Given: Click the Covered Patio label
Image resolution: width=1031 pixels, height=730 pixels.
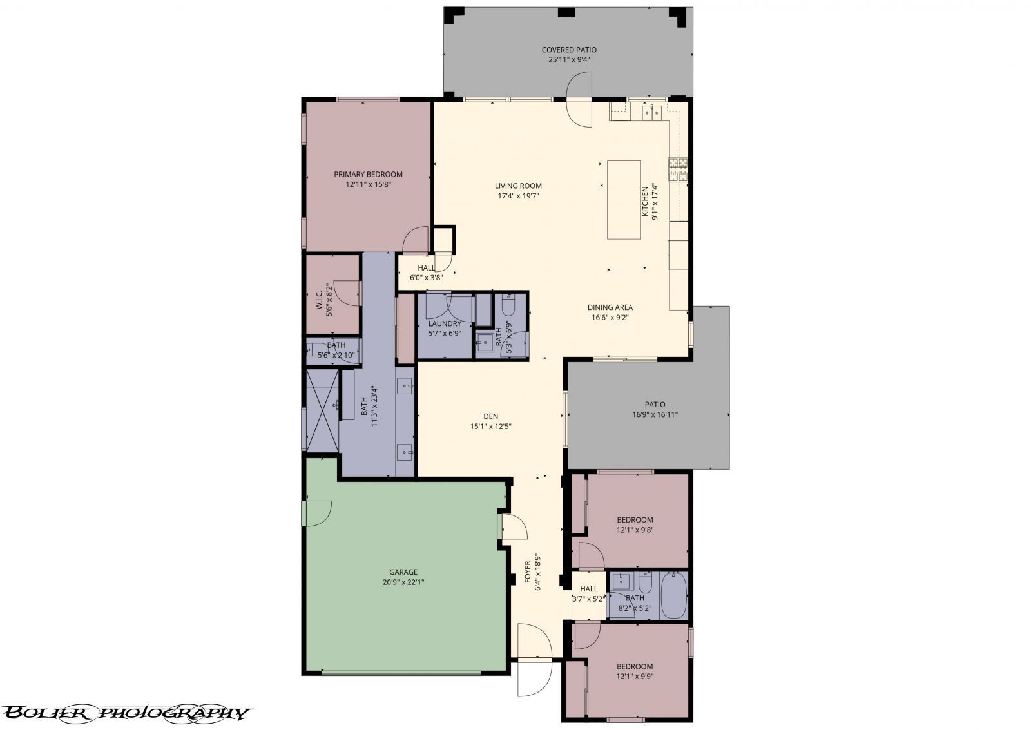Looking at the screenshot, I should [x=568, y=50].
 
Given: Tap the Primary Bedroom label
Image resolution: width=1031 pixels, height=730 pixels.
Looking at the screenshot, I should [x=368, y=174].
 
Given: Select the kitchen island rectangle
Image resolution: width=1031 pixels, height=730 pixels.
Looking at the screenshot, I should [x=624, y=200].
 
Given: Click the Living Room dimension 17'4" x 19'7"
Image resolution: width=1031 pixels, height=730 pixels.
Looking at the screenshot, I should [x=517, y=196].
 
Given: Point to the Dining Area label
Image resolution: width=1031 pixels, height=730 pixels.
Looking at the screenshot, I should [x=610, y=307].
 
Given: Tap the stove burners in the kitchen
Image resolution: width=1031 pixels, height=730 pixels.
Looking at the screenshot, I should [x=678, y=170].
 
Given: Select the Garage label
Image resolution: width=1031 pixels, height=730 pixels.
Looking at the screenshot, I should [x=403, y=572].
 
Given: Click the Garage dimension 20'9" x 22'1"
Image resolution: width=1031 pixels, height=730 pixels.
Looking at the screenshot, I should [x=403, y=582].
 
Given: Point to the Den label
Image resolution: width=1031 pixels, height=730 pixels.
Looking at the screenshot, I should [x=491, y=416].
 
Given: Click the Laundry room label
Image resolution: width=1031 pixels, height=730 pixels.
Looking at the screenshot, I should [x=445, y=323].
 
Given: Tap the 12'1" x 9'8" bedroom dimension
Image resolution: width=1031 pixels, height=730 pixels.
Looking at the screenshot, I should [x=635, y=530].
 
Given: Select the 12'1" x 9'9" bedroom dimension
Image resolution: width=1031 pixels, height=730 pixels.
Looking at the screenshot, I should [x=635, y=677].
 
